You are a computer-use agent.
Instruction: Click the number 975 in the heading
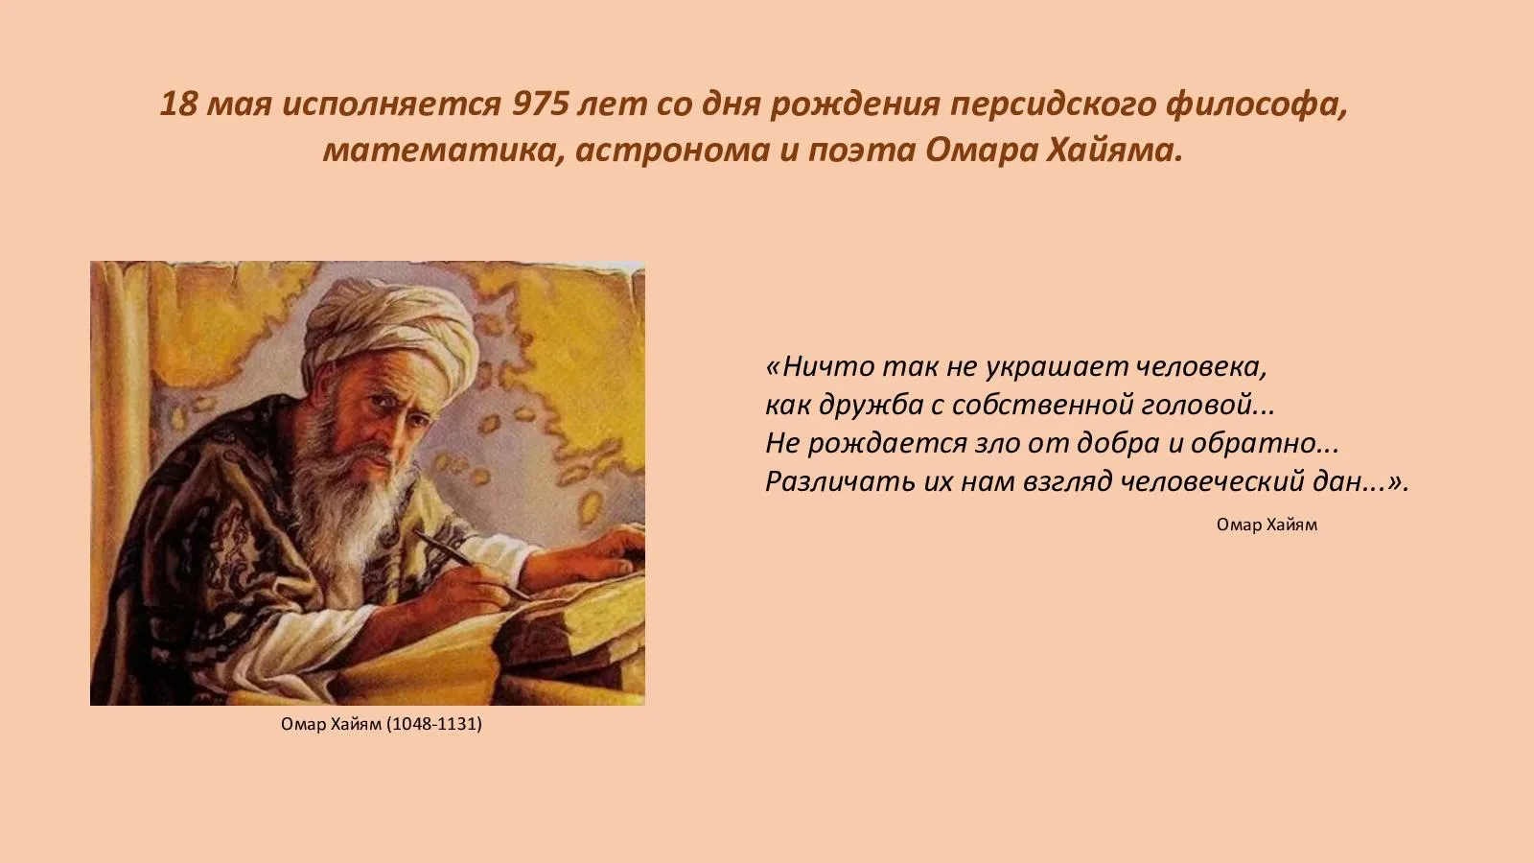click(x=541, y=105)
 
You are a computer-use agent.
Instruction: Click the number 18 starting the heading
click(x=178, y=105)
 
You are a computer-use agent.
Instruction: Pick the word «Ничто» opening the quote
click(x=820, y=367)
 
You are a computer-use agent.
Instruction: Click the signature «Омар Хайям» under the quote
click(x=1267, y=525)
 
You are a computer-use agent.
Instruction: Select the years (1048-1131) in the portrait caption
click(x=434, y=724)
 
